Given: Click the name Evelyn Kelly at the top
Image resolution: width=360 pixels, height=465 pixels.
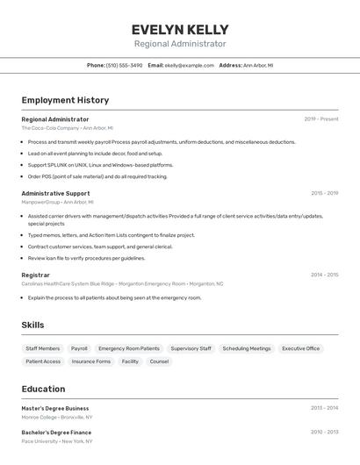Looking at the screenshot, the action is point(180,29).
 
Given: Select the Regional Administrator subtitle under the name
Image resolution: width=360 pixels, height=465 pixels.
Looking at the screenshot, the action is point(180,44).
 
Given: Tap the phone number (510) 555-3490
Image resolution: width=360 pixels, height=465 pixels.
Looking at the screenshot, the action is point(124,65).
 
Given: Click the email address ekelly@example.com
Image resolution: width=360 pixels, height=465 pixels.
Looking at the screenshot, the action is point(189,65).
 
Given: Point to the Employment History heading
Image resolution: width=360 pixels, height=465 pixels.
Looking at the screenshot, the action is point(65,100).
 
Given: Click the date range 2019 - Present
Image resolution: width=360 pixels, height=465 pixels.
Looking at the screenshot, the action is point(320,119).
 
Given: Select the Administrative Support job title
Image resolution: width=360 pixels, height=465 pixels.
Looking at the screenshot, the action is point(55,193).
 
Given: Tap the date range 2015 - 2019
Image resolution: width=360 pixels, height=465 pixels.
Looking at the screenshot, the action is point(324,193).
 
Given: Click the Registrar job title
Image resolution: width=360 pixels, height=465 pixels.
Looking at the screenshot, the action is point(35,275).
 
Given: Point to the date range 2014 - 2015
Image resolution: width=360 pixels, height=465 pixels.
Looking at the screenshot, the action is point(324,275).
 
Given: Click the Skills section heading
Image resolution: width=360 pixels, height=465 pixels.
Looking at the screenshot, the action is point(32,325).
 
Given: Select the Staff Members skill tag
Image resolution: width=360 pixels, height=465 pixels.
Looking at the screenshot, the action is point(43,348).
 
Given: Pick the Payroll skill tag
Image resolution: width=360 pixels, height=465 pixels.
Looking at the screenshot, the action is point(79,348).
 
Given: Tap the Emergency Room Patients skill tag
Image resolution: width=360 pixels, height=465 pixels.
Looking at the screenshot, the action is point(129,348).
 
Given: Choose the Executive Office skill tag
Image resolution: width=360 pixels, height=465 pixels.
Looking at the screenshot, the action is point(300,348).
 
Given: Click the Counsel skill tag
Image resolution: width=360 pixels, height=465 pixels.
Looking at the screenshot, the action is point(159,361).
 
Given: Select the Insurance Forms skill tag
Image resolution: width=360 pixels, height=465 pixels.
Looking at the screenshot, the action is point(91,361).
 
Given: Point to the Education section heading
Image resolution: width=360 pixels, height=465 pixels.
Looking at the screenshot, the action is point(43,389).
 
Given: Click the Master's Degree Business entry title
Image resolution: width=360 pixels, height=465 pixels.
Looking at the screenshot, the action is point(55,408).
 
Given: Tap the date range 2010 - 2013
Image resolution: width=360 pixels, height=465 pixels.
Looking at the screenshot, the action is point(324,432).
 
